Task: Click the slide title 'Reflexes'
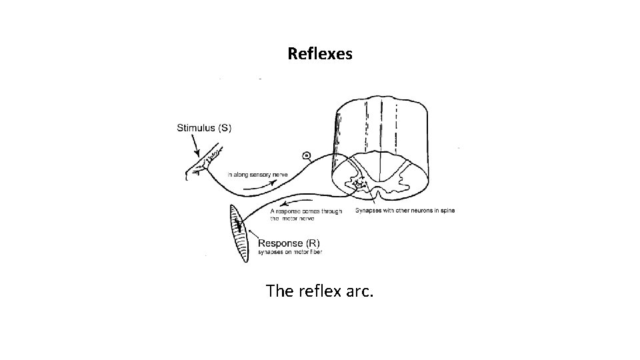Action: pyautogui.click(x=320, y=53)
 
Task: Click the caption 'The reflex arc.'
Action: pyautogui.click(x=319, y=291)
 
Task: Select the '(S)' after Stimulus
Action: pyautogui.click(x=225, y=127)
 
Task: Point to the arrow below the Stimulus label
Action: pyautogui.click(x=195, y=143)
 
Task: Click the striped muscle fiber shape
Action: pyautogui.click(x=237, y=233)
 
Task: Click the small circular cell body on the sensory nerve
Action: pyautogui.click(x=306, y=156)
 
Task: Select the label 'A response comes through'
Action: pyautogui.click(x=306, y=211)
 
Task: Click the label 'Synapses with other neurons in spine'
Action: pyautogui.click(x=405, y=211)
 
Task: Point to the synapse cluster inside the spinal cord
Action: pyautogui.click(x=361, y=182)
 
